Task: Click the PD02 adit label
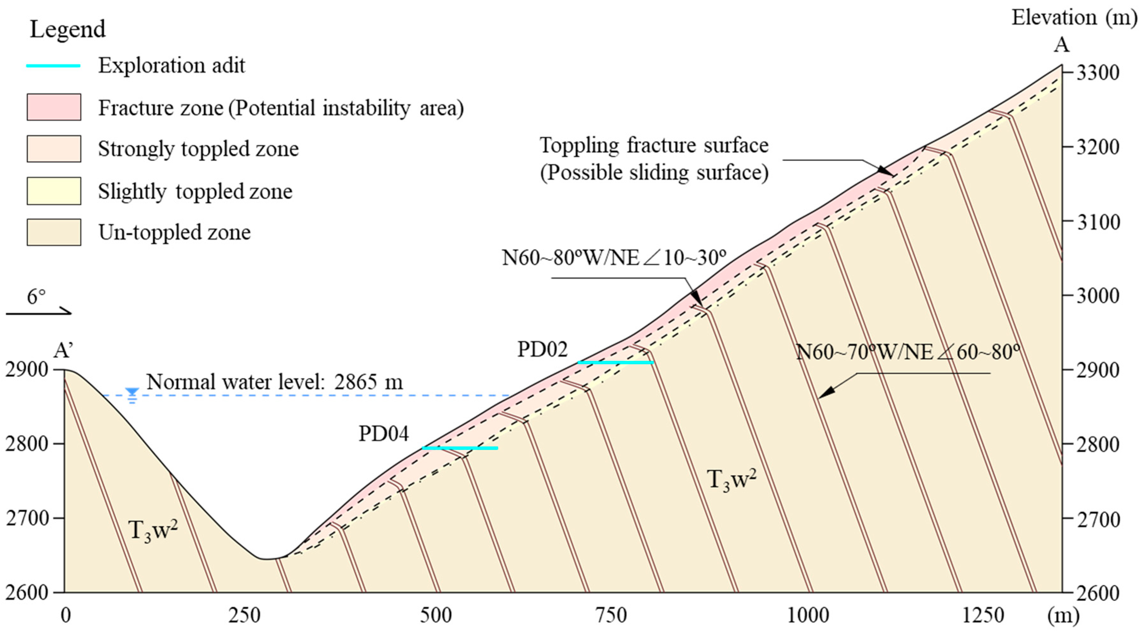click(542, 350)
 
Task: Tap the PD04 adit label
click(383, 434)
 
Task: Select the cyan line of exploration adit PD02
click(615, 363)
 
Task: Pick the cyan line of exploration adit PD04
click(460, 448)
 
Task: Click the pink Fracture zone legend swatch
click(54, 107)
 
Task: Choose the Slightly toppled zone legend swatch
click(54, 191)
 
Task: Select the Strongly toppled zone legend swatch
click(54, 149)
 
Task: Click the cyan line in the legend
click(53, 66)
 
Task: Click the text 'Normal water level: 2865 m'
click(274, 382)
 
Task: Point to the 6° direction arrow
click(39, 313)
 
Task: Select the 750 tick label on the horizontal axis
click(611, 616)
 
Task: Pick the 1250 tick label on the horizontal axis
click(982, 616)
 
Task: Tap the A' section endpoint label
click(63, 350)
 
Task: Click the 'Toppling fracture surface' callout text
click(654, 146)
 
